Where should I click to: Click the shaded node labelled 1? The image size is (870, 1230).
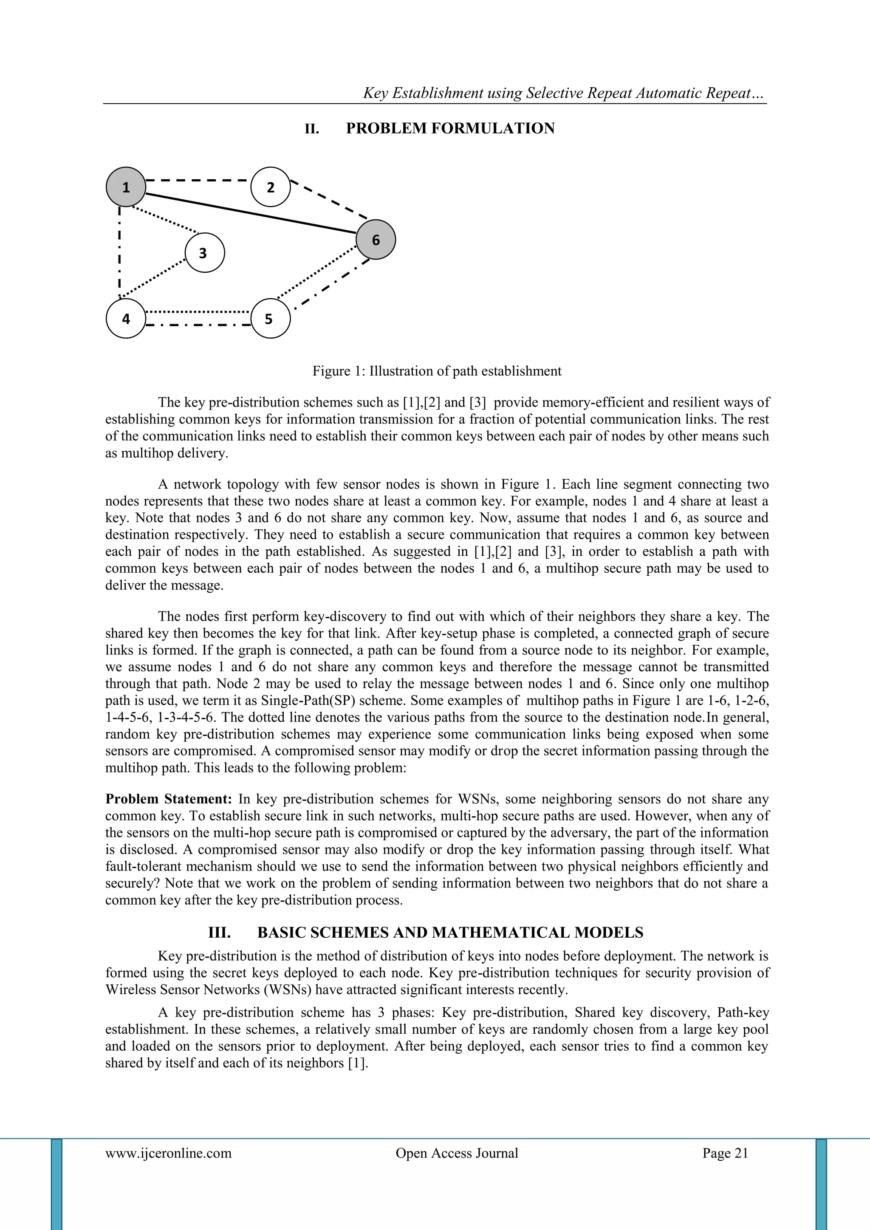pyautogui.click(x=126, y=187)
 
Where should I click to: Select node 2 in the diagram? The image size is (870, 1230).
pyautogui.click(x=271, y=187)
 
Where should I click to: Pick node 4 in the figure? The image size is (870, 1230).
pyautogui.click(x=126, y=319)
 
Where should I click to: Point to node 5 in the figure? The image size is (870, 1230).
pyautogui.click(x=271, y=319)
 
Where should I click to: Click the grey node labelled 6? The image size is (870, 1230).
pyautogui.click(x=376, y=240)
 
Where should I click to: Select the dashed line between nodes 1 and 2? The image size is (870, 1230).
pyautogui.click(x=198, y=180)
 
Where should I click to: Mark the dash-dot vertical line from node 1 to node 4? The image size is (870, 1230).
pyautogui.click(x=119, y=252)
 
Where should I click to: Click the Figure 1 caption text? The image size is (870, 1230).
pyautogui.click(x=437, y=371)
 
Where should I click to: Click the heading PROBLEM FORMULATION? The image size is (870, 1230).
pyautogui.click(x=450, y=129)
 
